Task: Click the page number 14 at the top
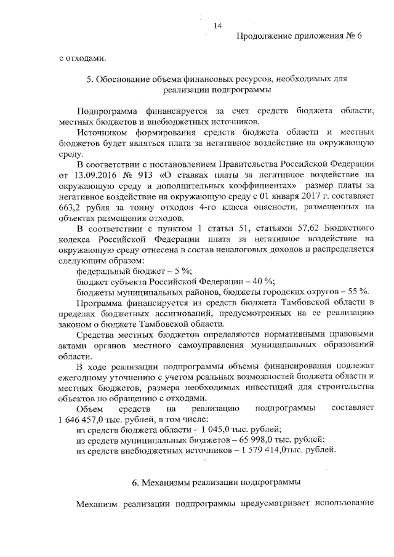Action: (217, 25)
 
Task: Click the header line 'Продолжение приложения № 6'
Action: (299, 37)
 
